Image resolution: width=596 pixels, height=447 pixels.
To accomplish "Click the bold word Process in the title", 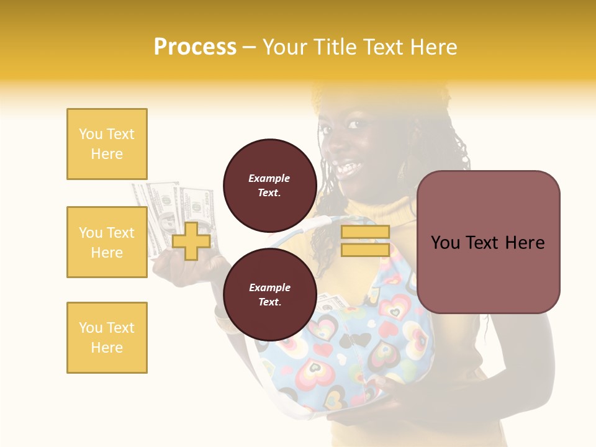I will coord(195,47).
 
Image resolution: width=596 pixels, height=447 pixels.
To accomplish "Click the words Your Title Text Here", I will coord(359,47).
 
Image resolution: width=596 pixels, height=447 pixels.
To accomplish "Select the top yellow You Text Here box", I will coord(107,144).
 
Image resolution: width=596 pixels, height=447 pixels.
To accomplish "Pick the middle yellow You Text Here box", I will coord(107,242).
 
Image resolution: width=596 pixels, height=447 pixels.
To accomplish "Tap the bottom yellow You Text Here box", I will coord(107,338).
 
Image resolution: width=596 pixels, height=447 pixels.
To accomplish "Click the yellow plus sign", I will coord(191,241).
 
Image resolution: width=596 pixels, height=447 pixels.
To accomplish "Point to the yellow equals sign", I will coord(365,241).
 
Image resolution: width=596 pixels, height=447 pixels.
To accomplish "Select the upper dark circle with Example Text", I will coord(269,185).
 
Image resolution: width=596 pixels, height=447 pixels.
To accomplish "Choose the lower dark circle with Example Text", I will coord(269,294).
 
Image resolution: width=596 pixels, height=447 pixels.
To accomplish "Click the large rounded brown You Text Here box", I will coord(488,242).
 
